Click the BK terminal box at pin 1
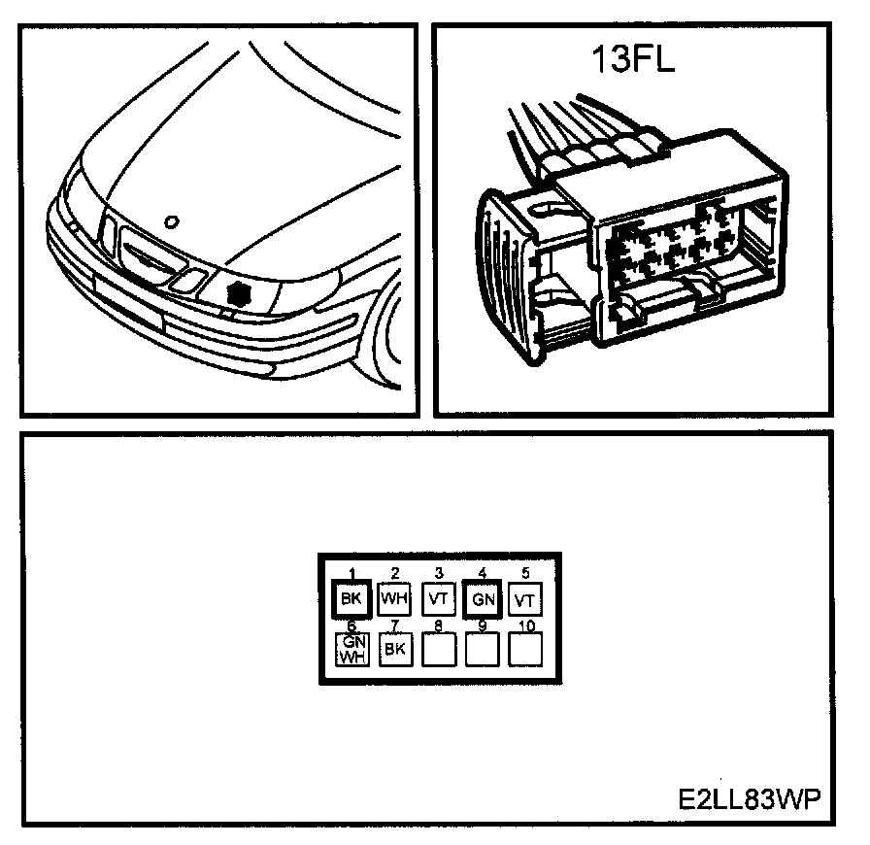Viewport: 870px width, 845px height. coord(351,599)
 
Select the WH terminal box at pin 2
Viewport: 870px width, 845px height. coord(395,599)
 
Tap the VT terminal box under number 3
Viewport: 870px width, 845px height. coord(439,599)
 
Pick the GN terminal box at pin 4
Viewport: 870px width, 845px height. coord(483,599)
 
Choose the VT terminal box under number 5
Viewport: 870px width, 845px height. coord(524,599)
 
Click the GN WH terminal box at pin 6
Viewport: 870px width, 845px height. coord(351,648)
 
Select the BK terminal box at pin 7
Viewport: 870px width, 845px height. coord(394,649)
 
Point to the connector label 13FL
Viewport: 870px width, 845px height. coord(632,60)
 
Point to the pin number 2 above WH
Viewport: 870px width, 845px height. coord(395,574)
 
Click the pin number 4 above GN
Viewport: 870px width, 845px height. coord(482,574)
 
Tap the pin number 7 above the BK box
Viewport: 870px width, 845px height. coord(395,626)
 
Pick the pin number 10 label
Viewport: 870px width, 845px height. coord(525,626)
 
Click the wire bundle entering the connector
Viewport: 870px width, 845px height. coord(563,126)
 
